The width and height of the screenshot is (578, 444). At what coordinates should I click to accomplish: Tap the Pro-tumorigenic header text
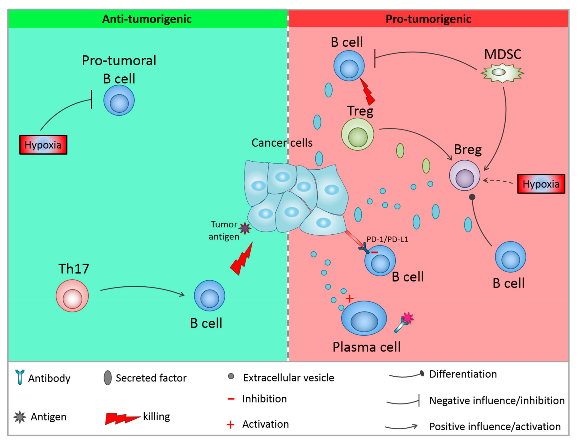[x=428, y=19]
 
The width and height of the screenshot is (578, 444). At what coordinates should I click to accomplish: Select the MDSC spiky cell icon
[x=502, y=73]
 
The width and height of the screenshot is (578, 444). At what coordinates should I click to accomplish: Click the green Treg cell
[x=357, y=134]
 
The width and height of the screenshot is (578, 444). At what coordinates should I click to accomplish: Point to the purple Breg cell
[x=464, y=176]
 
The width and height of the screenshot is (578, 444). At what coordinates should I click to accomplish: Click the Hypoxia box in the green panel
[x=43, y=145]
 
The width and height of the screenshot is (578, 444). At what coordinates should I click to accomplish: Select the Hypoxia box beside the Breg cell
[x=541, y=184]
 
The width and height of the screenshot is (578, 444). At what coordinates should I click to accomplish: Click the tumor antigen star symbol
[x=245, y=228]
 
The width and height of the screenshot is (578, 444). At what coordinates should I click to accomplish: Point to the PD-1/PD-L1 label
[x=387, y=240]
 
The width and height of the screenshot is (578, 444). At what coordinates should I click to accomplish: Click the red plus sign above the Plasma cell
[x=349, y=299]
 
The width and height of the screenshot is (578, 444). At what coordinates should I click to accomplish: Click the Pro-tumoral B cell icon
[x=119, y=100]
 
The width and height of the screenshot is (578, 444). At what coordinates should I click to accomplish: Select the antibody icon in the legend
[x=20, y=377]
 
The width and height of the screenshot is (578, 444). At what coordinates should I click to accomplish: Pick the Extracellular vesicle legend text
[x=288, y=378]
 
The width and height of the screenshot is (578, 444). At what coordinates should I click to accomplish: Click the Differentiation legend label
[x=463, y=374]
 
